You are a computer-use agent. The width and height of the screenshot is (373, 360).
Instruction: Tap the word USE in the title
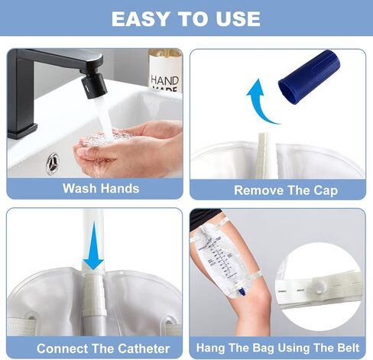point(238,19)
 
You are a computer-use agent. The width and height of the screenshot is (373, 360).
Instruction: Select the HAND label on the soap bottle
point(164,80)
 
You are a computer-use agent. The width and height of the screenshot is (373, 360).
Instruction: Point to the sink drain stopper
point(53,164)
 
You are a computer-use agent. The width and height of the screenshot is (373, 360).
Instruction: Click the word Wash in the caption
point(79,189)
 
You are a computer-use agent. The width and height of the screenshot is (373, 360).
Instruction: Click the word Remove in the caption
point(259,190)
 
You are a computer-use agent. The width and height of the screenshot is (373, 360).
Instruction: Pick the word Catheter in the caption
point(144,349)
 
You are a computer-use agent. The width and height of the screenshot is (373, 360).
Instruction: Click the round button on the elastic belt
point(319,287)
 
